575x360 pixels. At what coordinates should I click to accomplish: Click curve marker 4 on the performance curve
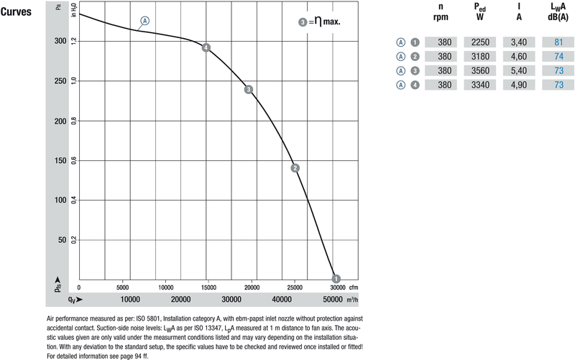coord(206,48)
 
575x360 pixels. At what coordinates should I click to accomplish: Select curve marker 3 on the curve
coord(248,90)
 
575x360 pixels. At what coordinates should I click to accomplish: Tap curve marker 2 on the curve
coord(295,168)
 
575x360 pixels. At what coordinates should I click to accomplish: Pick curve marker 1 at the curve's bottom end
coord(336,279)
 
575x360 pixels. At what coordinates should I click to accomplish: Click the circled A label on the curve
coord(145,21)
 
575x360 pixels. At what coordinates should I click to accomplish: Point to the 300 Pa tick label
coord(61,41)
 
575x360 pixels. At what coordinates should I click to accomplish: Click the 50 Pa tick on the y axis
coord(63,239)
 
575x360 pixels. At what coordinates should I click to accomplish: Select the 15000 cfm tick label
coord(208,286)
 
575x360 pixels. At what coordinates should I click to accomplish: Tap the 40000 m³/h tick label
coord(282,299)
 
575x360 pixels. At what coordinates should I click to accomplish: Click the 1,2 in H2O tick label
coord(74,41)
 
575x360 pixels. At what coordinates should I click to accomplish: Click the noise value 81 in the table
coord(558,42)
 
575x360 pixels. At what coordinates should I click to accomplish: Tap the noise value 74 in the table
coord(558,57)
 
